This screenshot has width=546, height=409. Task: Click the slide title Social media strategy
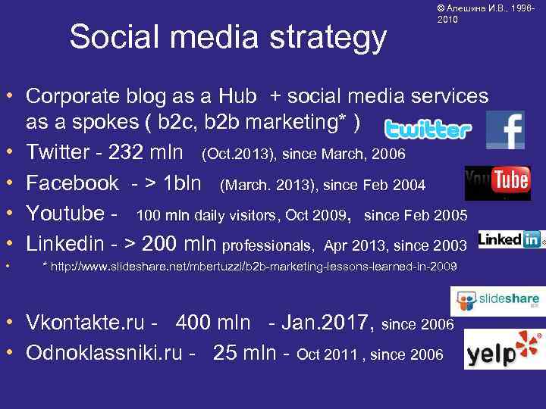(x=227, y=36)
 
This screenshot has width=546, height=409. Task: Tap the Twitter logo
(x=427, y=130)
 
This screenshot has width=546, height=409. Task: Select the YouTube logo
(x=497, y=183)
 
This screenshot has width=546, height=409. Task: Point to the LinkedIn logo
(x=511, y=240)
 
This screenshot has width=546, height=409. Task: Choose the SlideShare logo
(x=494, y=301)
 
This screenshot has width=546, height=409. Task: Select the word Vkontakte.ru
(x=85, y=323)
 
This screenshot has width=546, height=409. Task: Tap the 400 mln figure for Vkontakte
(x=213, y=323)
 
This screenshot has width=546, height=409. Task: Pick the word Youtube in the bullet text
(x=64, y=213)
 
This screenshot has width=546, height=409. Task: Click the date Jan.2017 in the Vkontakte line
(x=327, y=323)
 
